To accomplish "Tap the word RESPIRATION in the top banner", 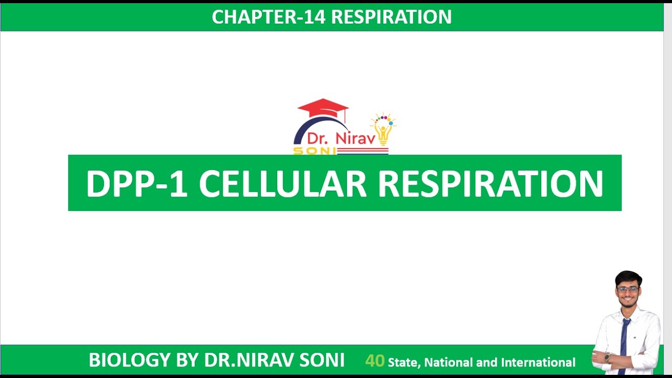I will [392, 17].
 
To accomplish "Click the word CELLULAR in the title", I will [282, 184].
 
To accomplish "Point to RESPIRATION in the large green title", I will [490, 184].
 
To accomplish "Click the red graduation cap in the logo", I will [323, 108].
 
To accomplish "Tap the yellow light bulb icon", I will [383, 132].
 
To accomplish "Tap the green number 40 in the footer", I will [375, 361].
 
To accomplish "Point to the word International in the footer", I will [538, 362].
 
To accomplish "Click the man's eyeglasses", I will [628, 289].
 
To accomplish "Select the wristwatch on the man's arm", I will [607, 358].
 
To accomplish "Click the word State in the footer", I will [404, 362].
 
